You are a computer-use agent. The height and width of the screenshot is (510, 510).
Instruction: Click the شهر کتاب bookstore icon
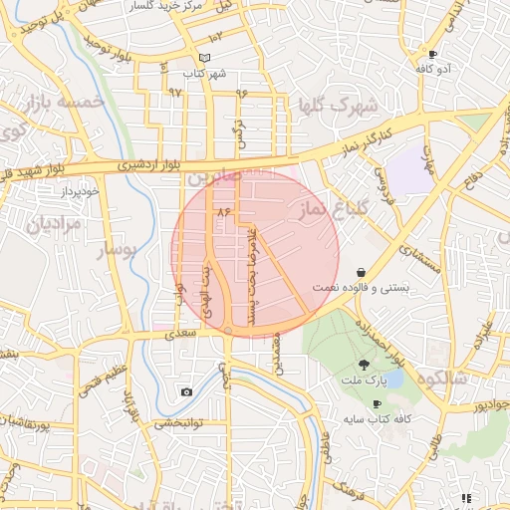(204, 59)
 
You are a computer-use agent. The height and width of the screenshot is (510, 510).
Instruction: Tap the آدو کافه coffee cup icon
(432, 54)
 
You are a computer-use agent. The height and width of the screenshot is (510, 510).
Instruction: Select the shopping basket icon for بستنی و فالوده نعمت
(360, 272)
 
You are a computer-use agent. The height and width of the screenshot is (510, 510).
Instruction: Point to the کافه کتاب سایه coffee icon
(376, 404)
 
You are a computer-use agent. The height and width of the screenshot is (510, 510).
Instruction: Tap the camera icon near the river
(186, 392)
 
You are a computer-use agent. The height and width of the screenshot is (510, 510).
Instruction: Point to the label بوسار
(114, 249)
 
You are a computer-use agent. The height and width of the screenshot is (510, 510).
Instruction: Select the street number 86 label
(222, 211)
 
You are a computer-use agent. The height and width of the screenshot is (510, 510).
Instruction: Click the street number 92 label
(175, 93)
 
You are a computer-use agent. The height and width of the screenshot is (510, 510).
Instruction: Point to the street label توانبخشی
(178, 422)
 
